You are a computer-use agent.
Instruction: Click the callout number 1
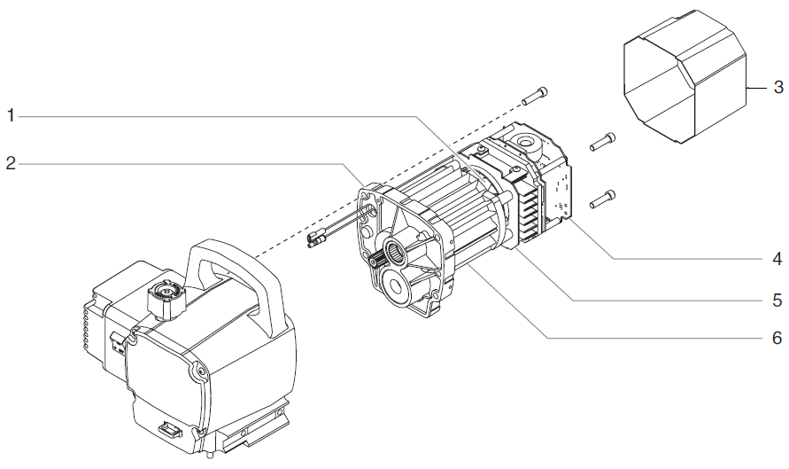[11, 115]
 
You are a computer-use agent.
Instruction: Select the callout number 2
[11, 163]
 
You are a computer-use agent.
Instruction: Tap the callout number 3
[777, 88]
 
